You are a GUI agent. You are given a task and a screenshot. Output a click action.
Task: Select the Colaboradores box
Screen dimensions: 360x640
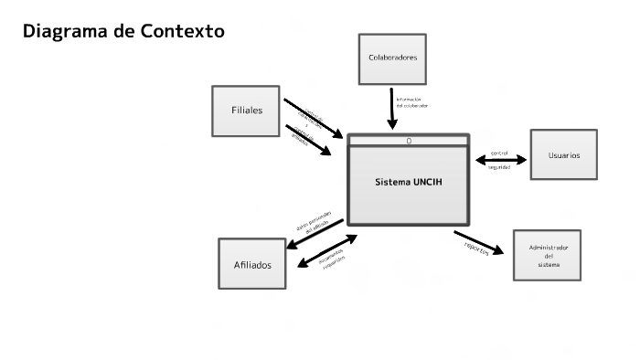(392, 58)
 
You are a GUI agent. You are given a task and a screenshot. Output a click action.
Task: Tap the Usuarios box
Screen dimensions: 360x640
(563, 154)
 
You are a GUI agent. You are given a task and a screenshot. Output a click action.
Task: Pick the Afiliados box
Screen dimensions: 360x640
(251, 264)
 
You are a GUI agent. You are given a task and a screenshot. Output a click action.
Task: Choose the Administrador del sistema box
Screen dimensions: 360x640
(547, 255)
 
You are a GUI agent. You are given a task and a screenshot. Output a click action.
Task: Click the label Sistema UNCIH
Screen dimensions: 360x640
(408, 181)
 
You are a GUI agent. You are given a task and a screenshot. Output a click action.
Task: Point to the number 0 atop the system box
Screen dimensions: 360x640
(409, 141)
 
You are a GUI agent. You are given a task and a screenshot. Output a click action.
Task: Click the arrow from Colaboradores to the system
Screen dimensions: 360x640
(392, 109)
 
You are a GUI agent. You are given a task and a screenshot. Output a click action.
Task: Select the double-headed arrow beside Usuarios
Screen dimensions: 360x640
(501, 160)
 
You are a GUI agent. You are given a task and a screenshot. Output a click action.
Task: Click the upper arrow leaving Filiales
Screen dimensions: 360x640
(313, 117)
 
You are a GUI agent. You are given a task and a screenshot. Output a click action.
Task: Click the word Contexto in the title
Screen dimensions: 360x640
(183, 32)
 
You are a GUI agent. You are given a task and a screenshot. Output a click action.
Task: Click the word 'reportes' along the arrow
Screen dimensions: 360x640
(476, 247)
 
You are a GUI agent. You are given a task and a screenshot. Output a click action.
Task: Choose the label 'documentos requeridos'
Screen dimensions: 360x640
(332, 259)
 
